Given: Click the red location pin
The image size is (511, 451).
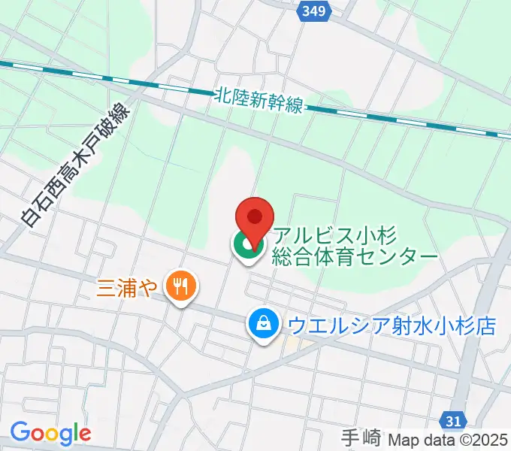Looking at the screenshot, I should coord(255,222).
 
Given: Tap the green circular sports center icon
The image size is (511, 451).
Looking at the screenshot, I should coord(246,245).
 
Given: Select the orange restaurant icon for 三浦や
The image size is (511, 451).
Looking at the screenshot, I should coord(180,286).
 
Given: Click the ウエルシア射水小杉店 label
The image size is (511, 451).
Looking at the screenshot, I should coord(392,325).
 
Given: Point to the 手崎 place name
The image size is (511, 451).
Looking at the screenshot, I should coord(361,437).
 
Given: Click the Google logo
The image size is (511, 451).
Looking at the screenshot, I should coord(50,433).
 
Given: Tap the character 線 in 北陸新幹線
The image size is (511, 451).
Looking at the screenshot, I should coord(294,105).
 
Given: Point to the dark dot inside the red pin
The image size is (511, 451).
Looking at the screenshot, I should coord(255,216).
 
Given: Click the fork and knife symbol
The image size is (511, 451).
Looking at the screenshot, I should coord(180,286).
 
